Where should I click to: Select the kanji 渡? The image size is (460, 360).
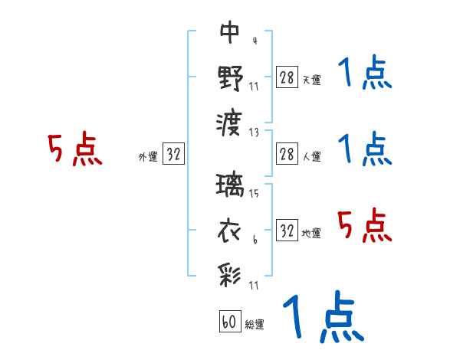point(230,121)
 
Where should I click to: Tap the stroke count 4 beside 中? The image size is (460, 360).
point(254,41)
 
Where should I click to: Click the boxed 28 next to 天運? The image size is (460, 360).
point(286,77)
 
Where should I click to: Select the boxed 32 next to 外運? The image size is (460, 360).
point(173,154)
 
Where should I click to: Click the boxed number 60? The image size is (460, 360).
point(229,322)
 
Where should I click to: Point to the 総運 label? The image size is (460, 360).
point(254,324)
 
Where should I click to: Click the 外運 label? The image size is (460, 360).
point(148,156)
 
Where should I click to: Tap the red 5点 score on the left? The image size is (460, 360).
point(75,150)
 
